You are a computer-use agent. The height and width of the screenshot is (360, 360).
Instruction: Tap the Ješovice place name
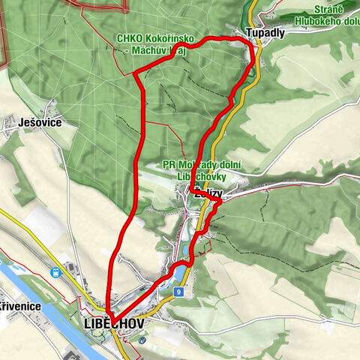(31, 121)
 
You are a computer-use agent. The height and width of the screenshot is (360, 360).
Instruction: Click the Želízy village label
(207, 193)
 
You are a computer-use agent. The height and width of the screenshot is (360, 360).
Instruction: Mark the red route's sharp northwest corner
(134, 73)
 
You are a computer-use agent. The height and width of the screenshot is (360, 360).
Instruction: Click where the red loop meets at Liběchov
(109, 313)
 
